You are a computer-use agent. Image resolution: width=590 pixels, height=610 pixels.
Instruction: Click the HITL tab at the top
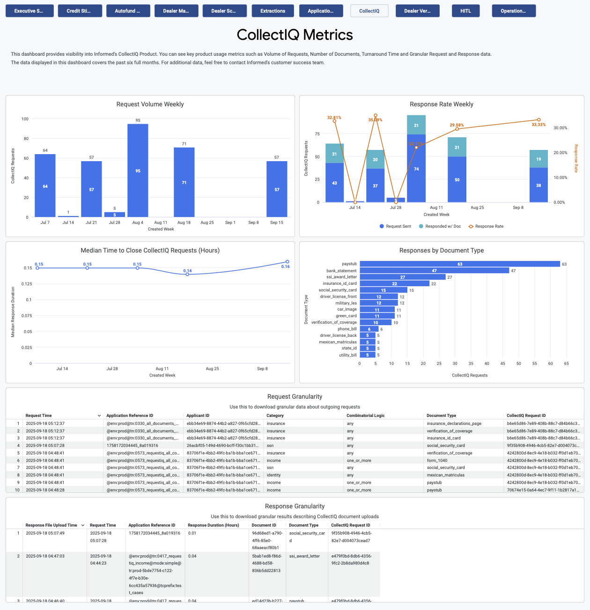coord(465,11)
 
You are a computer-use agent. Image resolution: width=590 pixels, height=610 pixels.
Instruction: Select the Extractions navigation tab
coord(273,11)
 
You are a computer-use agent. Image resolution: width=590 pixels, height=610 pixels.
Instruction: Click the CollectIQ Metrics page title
coord(295,35)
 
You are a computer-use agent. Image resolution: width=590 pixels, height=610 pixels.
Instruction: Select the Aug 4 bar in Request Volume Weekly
coord(138,171)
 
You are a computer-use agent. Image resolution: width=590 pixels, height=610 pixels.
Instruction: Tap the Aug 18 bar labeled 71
coord(184,182)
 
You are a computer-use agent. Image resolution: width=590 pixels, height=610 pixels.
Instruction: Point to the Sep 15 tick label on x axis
coord(277,223)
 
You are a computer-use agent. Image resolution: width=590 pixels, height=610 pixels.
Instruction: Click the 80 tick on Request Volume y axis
coord(26,139)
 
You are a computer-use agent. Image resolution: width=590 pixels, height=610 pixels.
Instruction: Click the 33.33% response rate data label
coord(538,125)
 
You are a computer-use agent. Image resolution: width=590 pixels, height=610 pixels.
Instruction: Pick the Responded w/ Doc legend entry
coord(440,226)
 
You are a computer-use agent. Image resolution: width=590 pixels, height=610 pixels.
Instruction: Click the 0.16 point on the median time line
coord(287,262)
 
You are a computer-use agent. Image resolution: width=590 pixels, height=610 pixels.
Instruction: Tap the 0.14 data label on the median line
coord(187,271)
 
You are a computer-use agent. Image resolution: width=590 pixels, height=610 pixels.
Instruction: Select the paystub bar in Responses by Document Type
coord(459,264)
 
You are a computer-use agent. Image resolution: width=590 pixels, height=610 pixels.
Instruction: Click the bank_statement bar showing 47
coord(434,271)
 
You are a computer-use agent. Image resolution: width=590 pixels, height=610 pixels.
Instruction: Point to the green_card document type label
coord(346,316)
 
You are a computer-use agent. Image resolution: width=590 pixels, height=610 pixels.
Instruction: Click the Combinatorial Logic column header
coord(365,416)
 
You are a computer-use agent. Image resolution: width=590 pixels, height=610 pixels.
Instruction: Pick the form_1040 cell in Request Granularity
coord(436,461)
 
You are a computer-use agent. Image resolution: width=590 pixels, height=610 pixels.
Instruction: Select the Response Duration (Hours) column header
coord(213,525)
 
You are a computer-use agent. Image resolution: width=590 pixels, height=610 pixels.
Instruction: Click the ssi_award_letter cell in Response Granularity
coord(304,556)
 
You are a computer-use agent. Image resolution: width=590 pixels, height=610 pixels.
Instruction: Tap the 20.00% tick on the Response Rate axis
coord(560,153)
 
